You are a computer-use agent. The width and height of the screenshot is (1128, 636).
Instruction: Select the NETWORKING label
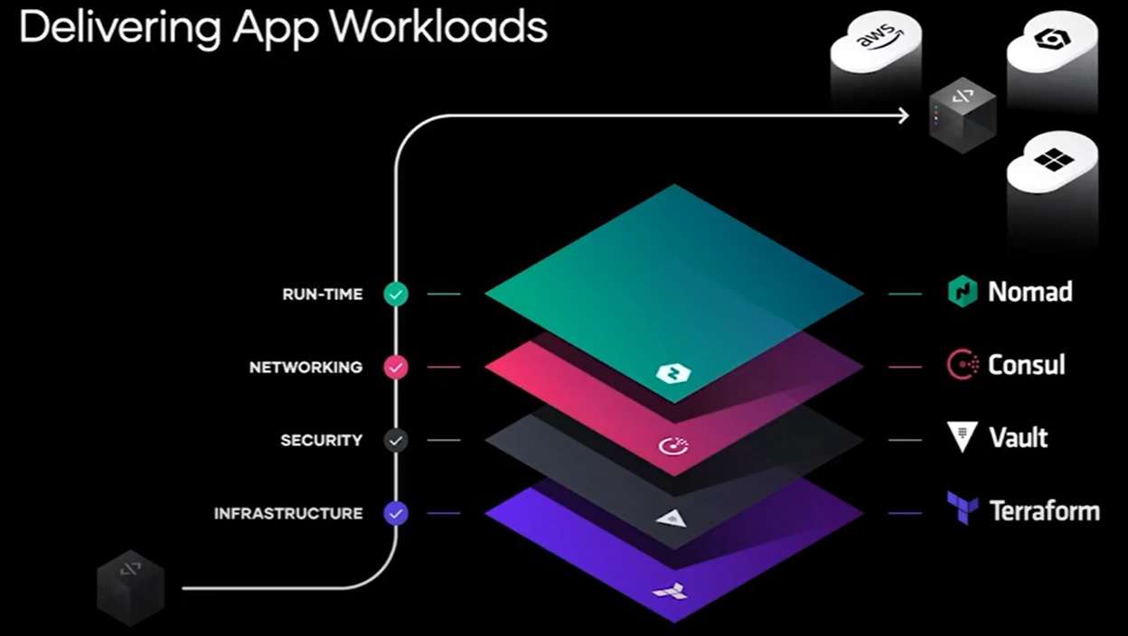(305, 367)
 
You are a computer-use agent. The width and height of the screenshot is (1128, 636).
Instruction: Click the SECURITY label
(321, 440)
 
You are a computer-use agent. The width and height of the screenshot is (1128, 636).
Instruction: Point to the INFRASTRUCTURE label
(288, 513)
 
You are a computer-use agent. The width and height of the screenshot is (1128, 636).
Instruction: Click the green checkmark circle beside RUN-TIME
(396, 294)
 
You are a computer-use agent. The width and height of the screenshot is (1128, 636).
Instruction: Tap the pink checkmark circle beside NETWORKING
(396, 367)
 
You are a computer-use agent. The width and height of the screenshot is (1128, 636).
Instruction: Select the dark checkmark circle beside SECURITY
(396, 440)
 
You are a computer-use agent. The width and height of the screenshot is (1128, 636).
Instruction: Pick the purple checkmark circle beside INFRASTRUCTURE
(396, 513)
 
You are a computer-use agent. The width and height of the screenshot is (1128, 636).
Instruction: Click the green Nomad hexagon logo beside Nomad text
(962, 292)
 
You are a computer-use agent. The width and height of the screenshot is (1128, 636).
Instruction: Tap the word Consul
(1027, 365)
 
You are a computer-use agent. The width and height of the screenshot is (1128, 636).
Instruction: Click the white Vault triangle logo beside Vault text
(962, 437)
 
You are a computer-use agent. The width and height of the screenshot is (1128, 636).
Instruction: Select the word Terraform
(1045, 511)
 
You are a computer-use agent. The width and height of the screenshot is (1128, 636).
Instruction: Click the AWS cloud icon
(876, 40)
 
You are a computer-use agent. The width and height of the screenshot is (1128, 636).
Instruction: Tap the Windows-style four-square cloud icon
(1052, 161)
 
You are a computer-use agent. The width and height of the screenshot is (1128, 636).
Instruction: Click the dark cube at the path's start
(131, 587)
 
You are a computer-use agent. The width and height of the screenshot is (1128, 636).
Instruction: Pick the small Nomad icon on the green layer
(672, 373)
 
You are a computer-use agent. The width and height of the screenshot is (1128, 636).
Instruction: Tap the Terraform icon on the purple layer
(670, 593)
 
